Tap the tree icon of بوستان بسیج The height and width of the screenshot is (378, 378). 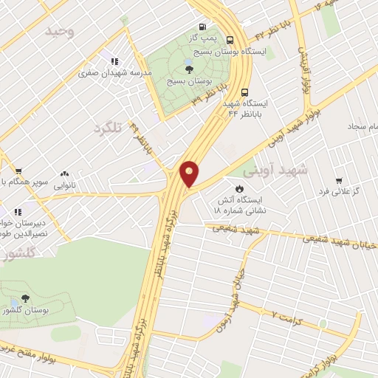[190, 69]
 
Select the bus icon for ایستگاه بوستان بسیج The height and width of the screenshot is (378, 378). [231, 41]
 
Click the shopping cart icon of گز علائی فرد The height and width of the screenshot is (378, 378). [338, 180]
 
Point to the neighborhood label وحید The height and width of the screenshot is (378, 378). [60, 31]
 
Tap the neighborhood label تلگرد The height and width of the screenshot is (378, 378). [106, 128]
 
